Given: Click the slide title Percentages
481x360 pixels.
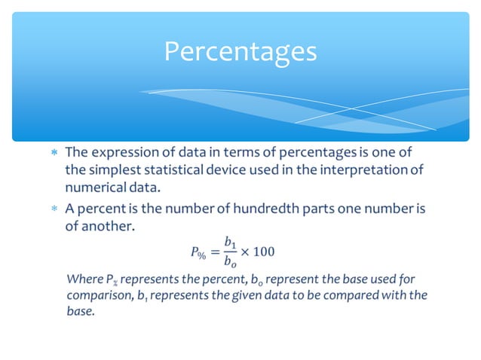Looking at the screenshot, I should point(240,51).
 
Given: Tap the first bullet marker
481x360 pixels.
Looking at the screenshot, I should point(52,153).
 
